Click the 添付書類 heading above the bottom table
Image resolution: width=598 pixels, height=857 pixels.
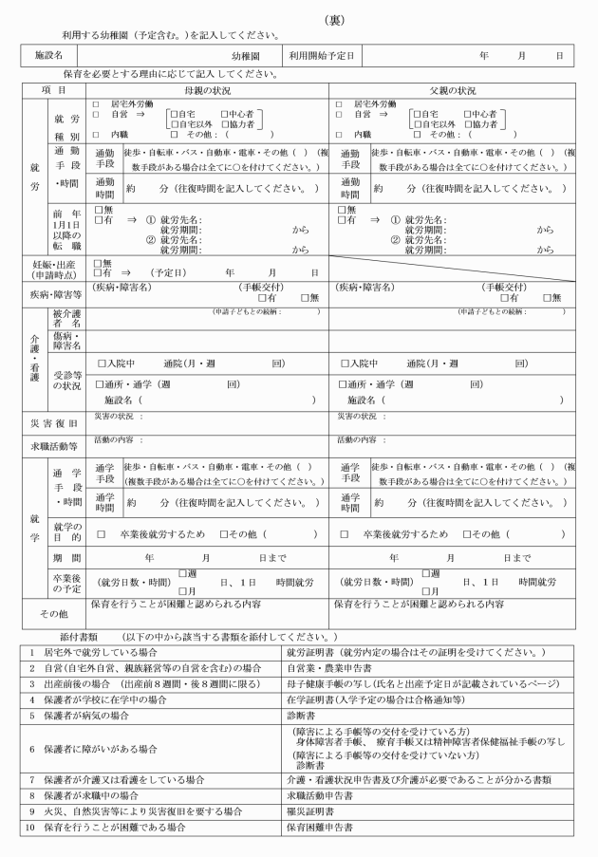pos(78,635)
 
